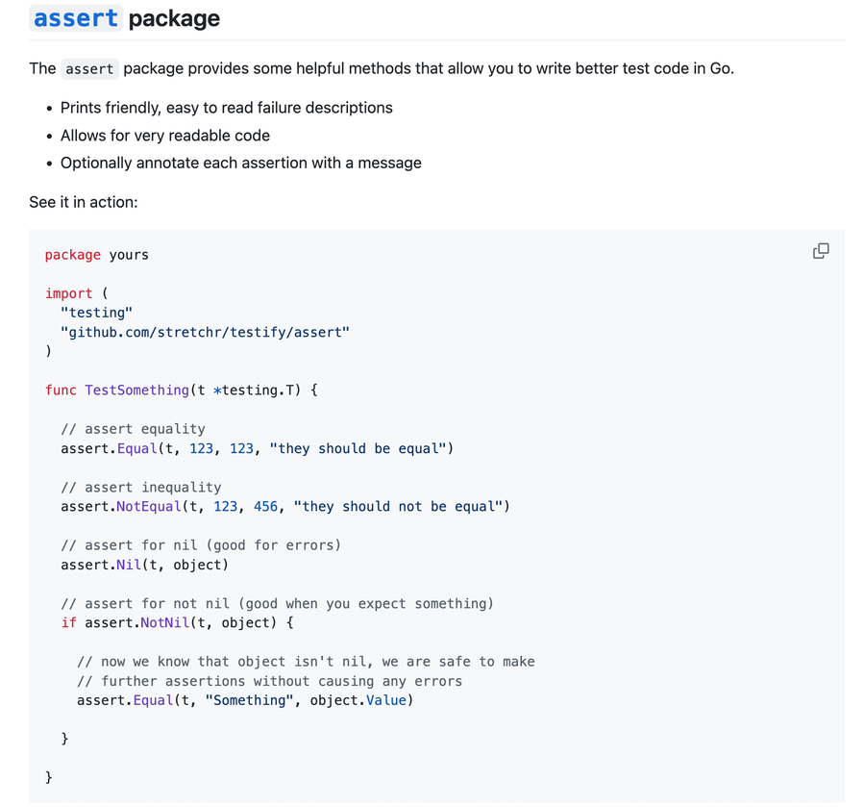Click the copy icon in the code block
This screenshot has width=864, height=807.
(x=821, y=251)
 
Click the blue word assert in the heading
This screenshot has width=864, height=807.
(x=76, y=18)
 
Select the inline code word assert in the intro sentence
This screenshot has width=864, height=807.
(x=89, y=68)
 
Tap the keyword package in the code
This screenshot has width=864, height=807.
(x=73, y=255)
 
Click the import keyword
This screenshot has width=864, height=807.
(x=69, y=293)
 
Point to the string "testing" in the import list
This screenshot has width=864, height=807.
(x=96, y=313)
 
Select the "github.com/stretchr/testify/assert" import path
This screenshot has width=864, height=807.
(x=205, y=332)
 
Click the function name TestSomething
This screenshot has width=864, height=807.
(x=136, y=390)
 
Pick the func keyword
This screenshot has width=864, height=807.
(x=61, y=390)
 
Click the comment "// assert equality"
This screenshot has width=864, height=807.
(x=133, y=429)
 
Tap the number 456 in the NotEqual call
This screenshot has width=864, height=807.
(x=265, y=506)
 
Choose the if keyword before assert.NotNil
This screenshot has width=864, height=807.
(x=68, y=622)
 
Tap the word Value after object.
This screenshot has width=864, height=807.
(x=386, y=700)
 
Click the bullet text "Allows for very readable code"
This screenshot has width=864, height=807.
(x=165, y=136)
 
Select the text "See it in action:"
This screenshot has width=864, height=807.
(x=84, y=202)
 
